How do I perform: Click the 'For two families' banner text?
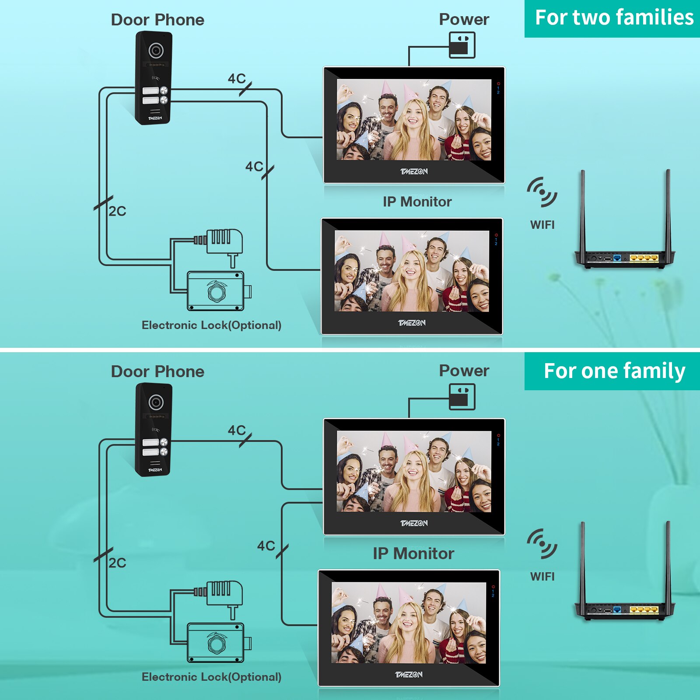614,18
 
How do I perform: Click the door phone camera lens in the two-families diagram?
156,50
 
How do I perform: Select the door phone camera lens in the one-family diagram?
156,402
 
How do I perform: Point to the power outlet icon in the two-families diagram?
462,45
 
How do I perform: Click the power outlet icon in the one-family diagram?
462,397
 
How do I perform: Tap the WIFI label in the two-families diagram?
542,225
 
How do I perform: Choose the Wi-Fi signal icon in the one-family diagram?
542,544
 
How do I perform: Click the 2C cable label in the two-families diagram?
117,211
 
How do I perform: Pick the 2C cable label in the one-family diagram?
117,563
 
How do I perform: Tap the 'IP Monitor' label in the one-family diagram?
413,554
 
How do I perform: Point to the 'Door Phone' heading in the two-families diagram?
157,20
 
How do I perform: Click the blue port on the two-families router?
617,258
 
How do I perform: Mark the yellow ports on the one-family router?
644,609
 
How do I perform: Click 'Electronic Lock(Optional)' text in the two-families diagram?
211,325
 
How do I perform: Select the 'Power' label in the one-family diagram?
464,371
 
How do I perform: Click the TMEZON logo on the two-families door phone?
155,118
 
